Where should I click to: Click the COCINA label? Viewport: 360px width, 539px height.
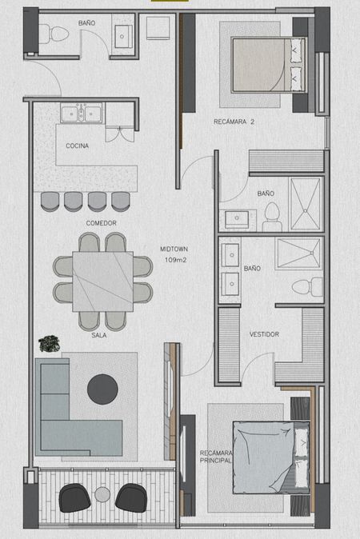[x=77, y=146]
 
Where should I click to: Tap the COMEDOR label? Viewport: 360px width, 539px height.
[x=101, y=223]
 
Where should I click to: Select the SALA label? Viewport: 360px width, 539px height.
[x=98, y=335]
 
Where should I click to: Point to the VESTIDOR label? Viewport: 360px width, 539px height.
[x=264, y=334]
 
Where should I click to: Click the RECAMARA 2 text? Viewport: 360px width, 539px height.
[x=234, y=122]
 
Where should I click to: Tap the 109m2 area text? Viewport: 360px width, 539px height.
[x=175, y=260]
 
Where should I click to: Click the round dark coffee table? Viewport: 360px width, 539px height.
[x=102, y=389]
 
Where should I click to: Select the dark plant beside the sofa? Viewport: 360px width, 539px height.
[x=49, y=344]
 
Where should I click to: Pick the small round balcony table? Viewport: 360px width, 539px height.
[x=102, y=495]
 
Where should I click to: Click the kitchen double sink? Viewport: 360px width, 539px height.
[x=81, y=113]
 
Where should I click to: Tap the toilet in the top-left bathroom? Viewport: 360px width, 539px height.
[x=54, y=34]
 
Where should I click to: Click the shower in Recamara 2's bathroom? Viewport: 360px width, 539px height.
[x=306, y=203]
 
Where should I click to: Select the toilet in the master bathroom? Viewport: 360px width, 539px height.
[x=307, y=287]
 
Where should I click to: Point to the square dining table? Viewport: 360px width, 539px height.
[x=102, y=281]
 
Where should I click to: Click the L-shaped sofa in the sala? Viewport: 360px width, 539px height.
[x=78, y=407]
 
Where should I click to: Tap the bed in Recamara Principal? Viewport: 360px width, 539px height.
[x=271, y=457]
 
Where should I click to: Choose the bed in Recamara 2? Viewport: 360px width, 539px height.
[x=268, y=64]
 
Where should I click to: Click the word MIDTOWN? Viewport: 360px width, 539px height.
[x=174, y=250]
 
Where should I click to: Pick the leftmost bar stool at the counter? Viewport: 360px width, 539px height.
[x=50, y=202]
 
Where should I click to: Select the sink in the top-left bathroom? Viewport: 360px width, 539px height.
[x=122, y=36]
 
